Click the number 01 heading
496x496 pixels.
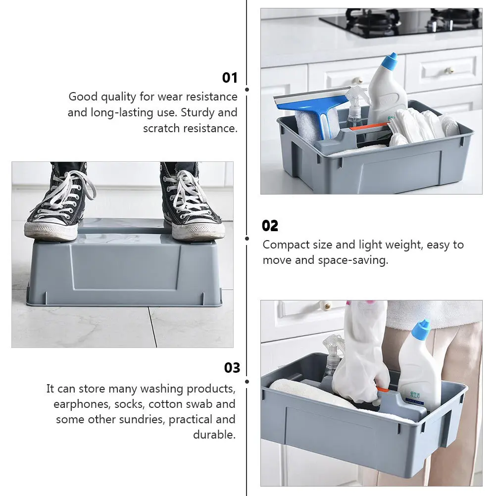(230, 78)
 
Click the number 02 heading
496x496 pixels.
(270, 226)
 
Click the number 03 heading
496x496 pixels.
(232, 368)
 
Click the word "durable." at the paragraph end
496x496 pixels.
(214, 435)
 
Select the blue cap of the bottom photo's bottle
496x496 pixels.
(422, 327)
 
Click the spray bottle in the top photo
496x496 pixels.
(355, 106)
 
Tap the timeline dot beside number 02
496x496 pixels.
(247, 238)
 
